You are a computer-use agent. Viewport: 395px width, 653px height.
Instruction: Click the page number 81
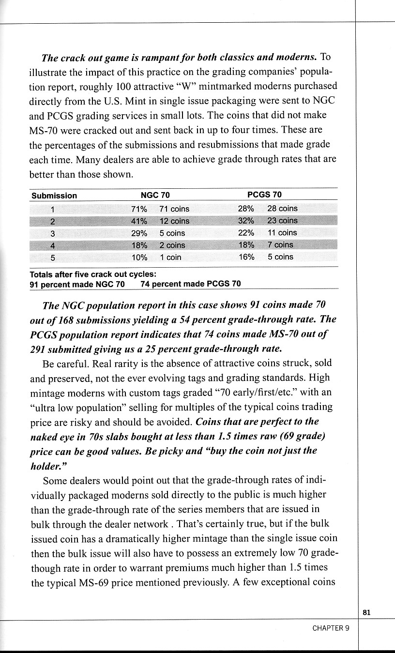(x=366, y=612)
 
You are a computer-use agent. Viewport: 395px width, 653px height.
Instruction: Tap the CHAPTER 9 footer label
(x=331, y=628)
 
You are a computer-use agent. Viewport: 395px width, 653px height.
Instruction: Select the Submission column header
(x=54, y=196)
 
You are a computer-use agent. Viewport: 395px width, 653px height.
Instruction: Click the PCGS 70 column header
(x=264, y=195)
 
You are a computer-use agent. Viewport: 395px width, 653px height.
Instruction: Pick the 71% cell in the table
(x=139, y=209)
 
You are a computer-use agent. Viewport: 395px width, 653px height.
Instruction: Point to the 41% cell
(x=139, y=221)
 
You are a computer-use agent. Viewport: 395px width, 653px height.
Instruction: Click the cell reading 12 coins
(x=174, y=221)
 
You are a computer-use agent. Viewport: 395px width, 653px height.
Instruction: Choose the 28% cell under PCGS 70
(x=246, y=208)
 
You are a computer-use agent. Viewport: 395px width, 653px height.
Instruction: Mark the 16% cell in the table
(x=246, y=257)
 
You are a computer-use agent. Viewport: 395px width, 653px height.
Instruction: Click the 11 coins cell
(x=282, y=232)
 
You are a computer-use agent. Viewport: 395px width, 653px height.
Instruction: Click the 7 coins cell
(x=280, y=244)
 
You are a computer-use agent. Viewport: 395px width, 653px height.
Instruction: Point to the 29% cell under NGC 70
(x=139, y=233)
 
